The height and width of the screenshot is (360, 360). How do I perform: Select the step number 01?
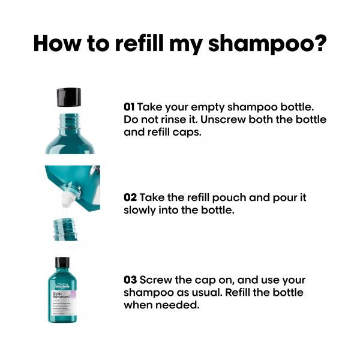129,106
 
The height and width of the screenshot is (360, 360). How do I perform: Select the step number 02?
130,197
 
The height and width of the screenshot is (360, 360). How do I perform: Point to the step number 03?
130,280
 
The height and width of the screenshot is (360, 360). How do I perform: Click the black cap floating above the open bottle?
68,97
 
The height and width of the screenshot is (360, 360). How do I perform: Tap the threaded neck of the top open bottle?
69,120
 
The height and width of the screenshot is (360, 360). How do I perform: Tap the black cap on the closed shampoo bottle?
62,263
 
